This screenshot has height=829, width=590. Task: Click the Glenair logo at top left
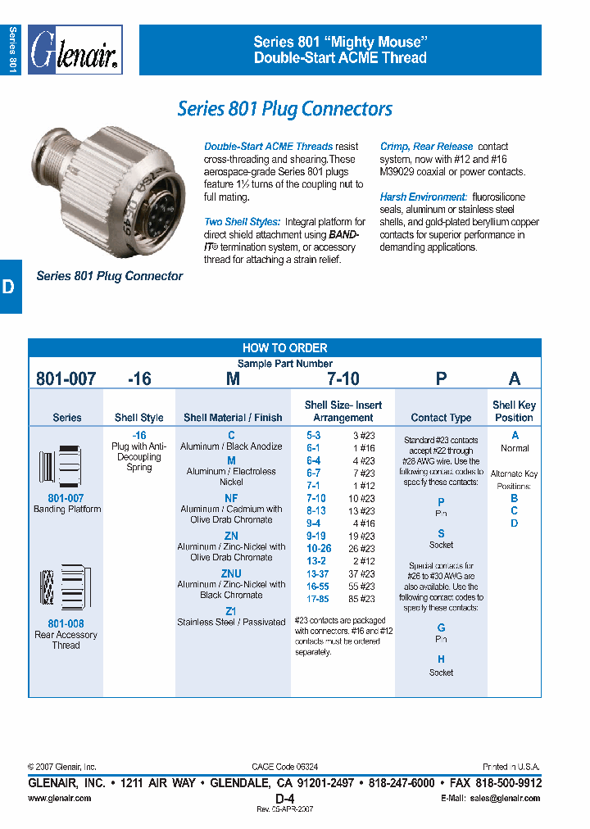pos(75,51)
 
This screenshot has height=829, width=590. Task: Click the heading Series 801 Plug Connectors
pos(284,109)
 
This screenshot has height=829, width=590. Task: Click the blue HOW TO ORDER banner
pos(284,347)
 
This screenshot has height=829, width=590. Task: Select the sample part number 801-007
pos(66,378)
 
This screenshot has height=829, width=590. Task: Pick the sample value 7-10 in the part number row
pos(343,378)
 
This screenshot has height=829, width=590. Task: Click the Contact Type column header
pos(441,418)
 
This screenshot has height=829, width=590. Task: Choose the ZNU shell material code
pos(231,573)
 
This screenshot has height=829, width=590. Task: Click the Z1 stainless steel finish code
pos(231,611)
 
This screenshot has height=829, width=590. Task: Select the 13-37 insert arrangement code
pos(318,574)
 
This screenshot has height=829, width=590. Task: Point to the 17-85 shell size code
pos(318,598)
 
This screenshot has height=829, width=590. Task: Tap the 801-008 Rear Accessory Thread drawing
pos(62,588)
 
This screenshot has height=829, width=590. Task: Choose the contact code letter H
pos(441,659)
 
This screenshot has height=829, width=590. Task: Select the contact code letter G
pos(441,627)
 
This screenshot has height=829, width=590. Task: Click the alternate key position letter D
pos(515,523)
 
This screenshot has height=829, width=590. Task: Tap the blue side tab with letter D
pos(10,287)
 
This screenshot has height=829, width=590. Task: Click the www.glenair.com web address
pos(60,798)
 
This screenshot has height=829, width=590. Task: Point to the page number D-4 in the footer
pos(284,798)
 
